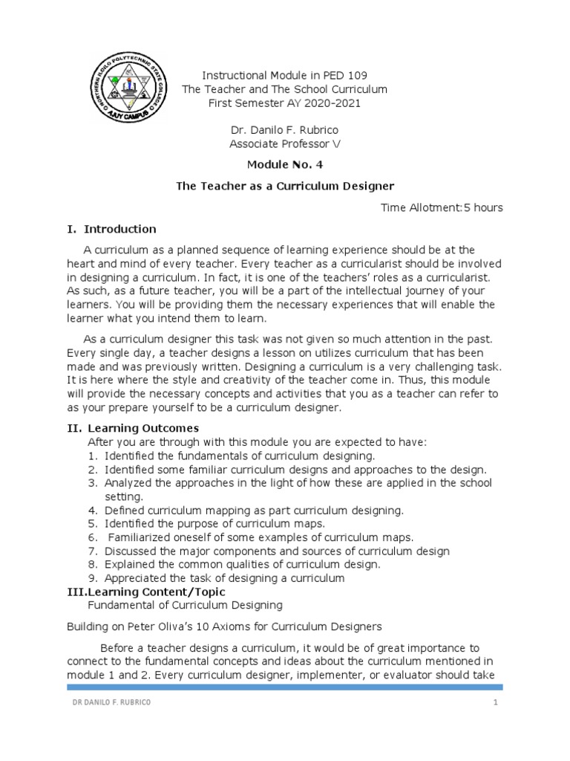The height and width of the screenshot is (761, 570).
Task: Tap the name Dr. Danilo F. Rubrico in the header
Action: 285,130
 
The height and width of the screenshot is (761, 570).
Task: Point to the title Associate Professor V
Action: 285,144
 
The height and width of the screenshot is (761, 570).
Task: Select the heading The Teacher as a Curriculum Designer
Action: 285,186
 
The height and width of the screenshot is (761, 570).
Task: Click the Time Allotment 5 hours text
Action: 442,207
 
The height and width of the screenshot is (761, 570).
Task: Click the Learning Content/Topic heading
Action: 162,592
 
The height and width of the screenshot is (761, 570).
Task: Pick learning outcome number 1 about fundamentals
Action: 240,456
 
